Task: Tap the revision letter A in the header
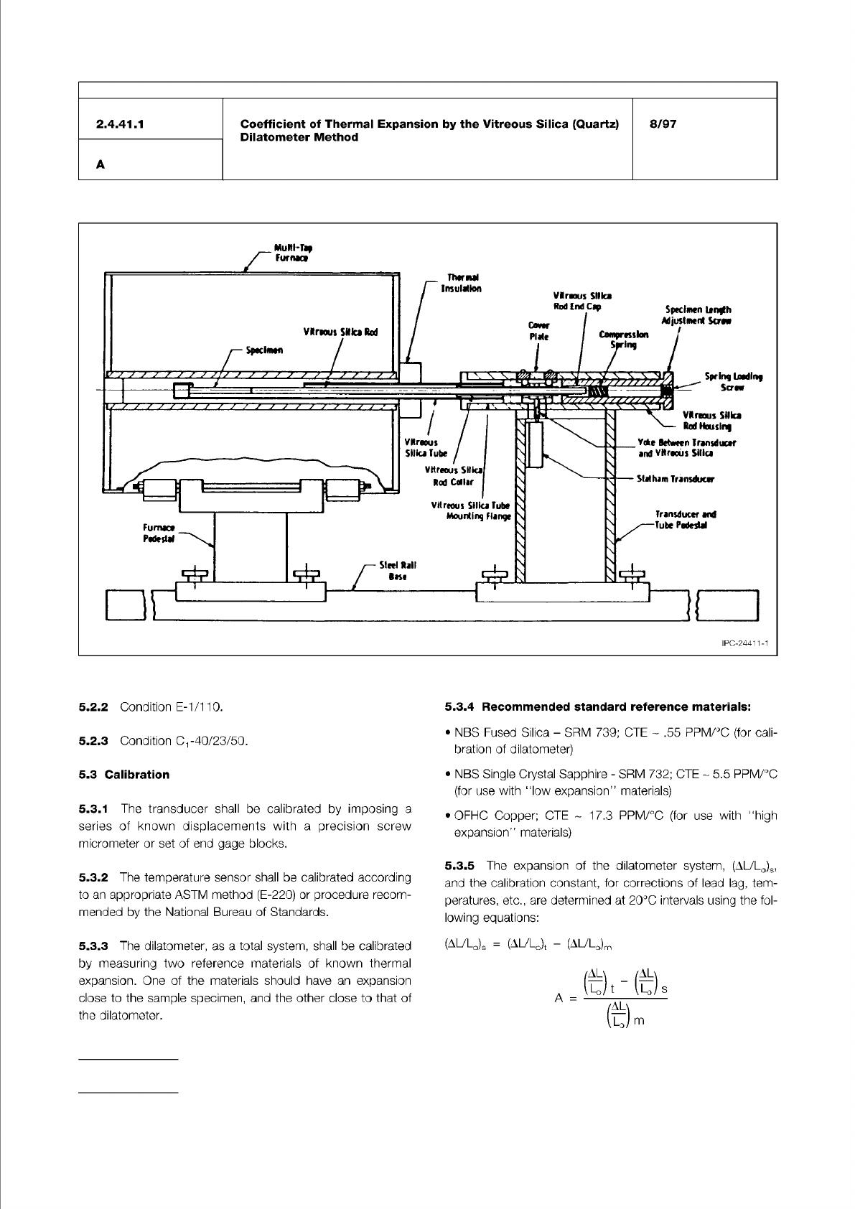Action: [x=101, y=164]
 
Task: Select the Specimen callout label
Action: [x=264, y=350]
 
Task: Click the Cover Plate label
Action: [x=538, y=331]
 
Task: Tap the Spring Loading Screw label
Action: [x=733, y=381]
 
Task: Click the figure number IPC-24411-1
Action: [x=744, y=644]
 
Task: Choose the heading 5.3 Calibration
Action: [x=124, y=775]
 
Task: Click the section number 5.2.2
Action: [x=93, y=707]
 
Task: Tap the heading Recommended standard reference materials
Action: [x=616, y=707]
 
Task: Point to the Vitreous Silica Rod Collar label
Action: [x=455, y=475]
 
